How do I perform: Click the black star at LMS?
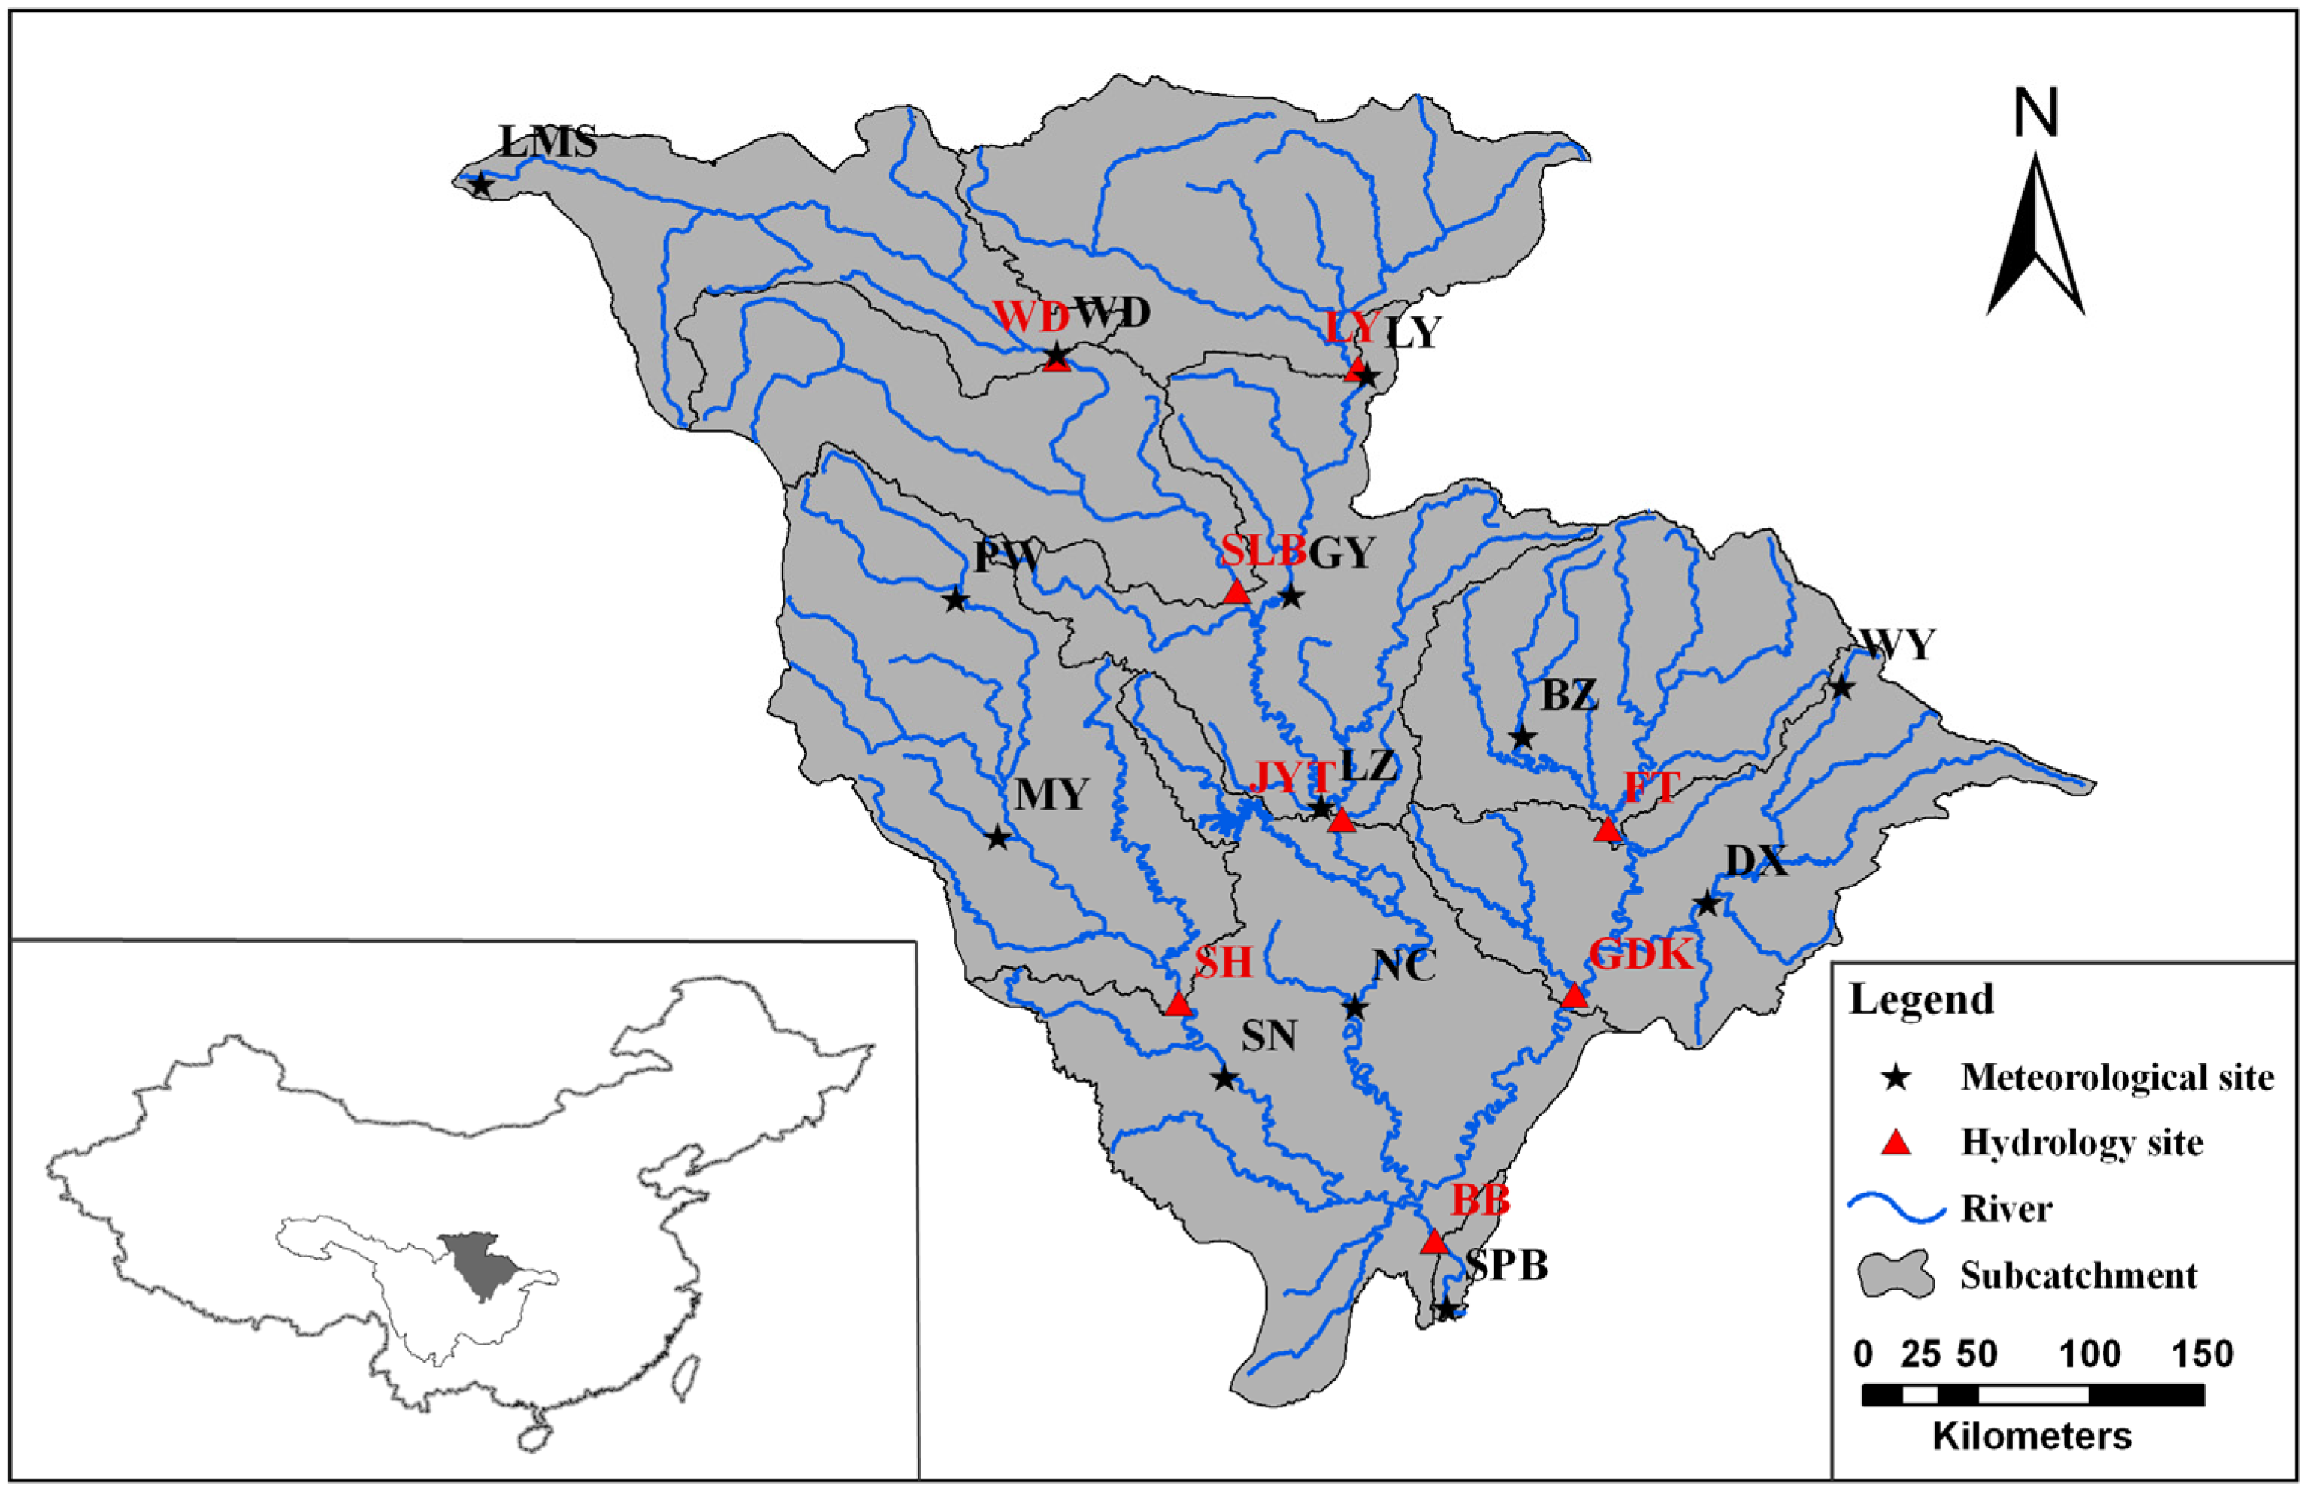coord(480,184)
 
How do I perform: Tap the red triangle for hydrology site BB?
coord(1434,1242)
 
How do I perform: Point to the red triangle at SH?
coord(1177,1004)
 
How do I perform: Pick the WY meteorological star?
coord(1841,688)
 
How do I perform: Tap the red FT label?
coord(1650,788)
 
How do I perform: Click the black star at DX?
coord(1706,904)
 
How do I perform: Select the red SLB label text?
coord(1262,551)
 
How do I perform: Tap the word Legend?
coord(1921,999)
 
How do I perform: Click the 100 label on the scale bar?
coord(2089,1354)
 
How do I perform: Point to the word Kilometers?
coord(2033,1436)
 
